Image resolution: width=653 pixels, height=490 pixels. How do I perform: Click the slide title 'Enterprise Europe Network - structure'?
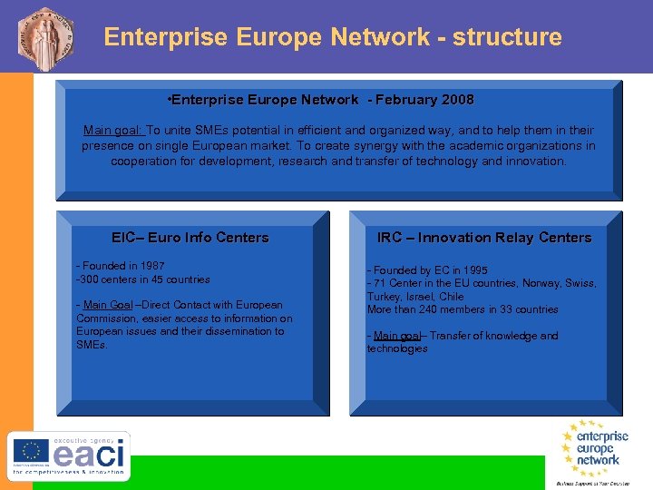[333, 37]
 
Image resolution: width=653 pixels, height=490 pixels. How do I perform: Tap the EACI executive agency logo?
[70, 456]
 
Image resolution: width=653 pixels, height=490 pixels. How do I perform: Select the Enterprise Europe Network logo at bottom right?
[594, 449]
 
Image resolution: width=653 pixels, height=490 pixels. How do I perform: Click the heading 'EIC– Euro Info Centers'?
[190, 238]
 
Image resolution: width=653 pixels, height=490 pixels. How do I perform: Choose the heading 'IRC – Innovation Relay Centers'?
[484, 238]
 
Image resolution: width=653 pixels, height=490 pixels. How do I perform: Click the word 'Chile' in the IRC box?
[450, 297]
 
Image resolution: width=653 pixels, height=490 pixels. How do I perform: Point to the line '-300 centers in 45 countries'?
[143, 279]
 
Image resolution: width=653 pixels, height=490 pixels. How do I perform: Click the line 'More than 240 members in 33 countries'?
[463, 309]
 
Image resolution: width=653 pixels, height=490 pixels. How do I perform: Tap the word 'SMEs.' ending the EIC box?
[92, 345]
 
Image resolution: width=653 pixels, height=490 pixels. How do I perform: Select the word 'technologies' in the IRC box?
[396, 348]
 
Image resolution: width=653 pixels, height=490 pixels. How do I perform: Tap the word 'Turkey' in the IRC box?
[383, 297]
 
